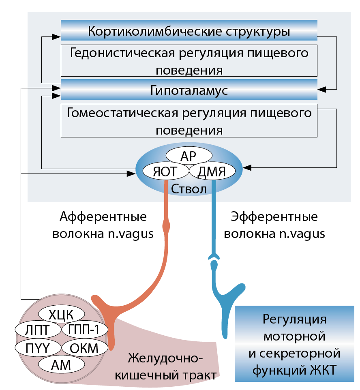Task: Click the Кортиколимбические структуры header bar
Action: pos(189,31)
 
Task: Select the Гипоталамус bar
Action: pos(189,90)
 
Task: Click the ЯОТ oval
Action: pos(165,171)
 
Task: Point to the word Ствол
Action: pos(189,189)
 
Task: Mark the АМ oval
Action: pos(61,364)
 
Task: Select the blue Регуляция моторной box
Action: pos(294,344)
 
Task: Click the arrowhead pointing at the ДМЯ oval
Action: pos(246,167)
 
